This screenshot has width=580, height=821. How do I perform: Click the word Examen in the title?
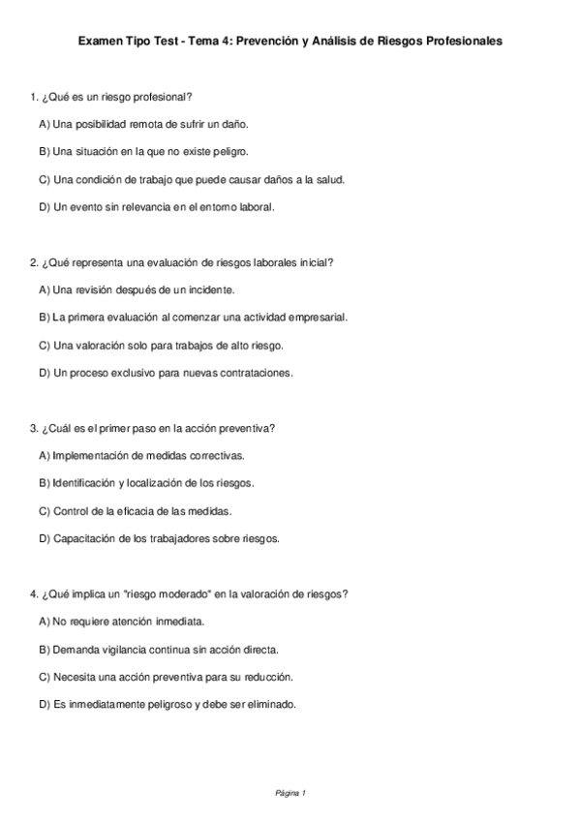[x=101, y=42]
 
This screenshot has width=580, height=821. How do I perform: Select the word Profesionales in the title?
[x=460, y=42]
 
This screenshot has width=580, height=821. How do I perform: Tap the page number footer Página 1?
[x=290, y=794]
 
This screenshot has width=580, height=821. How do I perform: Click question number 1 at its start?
[x=34, y=97]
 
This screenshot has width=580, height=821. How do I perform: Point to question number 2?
[x=34, y=261]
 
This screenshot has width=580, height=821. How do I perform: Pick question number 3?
[x=34, y=427]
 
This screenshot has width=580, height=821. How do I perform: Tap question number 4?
[x=34, y=593]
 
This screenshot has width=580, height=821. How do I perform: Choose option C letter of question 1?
[x=44, y=179]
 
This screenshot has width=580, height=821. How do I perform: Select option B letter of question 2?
[x=44, y=317]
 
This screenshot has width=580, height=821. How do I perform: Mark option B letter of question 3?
[x=44, y=482]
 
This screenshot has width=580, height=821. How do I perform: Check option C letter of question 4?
[x=44, y=676]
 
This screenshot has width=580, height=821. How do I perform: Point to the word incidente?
[x=212, y=289]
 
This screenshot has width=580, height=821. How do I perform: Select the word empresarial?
[x=315, y=317]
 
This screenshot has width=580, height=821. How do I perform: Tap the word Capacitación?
[x=90, y=537]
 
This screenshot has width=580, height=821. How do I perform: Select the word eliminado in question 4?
[x=273, y=704]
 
